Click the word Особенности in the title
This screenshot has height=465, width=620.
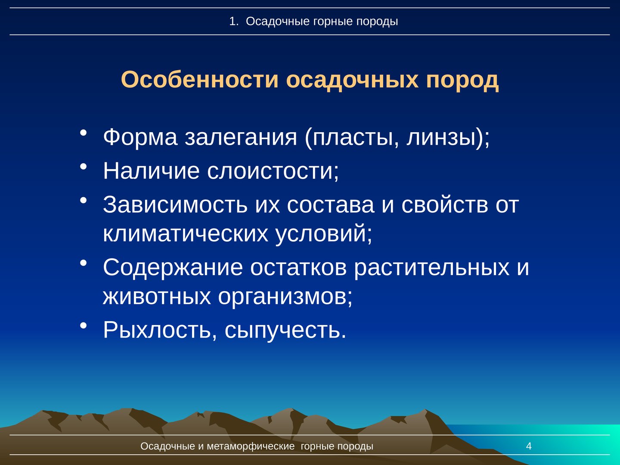point(200,80)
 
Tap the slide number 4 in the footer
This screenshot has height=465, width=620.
point(529,446)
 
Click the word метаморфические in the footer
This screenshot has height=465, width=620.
point(251,446)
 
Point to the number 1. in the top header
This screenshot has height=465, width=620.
point(234,22)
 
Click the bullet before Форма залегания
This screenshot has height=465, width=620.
point(83,133)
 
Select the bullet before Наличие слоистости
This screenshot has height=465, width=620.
point(83,166)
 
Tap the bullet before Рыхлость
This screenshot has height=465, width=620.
point(83,325)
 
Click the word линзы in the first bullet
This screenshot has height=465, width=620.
point(441,138)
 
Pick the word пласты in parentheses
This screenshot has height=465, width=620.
point(352,138)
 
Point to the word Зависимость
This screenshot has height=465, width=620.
point(175,205)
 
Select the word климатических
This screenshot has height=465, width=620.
point(186,234)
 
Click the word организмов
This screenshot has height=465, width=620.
point(285,298)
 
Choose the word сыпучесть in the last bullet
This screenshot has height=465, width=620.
point(285,330)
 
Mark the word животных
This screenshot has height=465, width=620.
point(157,297)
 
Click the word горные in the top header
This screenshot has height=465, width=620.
point(333,22)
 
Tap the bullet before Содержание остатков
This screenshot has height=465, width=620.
point(83,263)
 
